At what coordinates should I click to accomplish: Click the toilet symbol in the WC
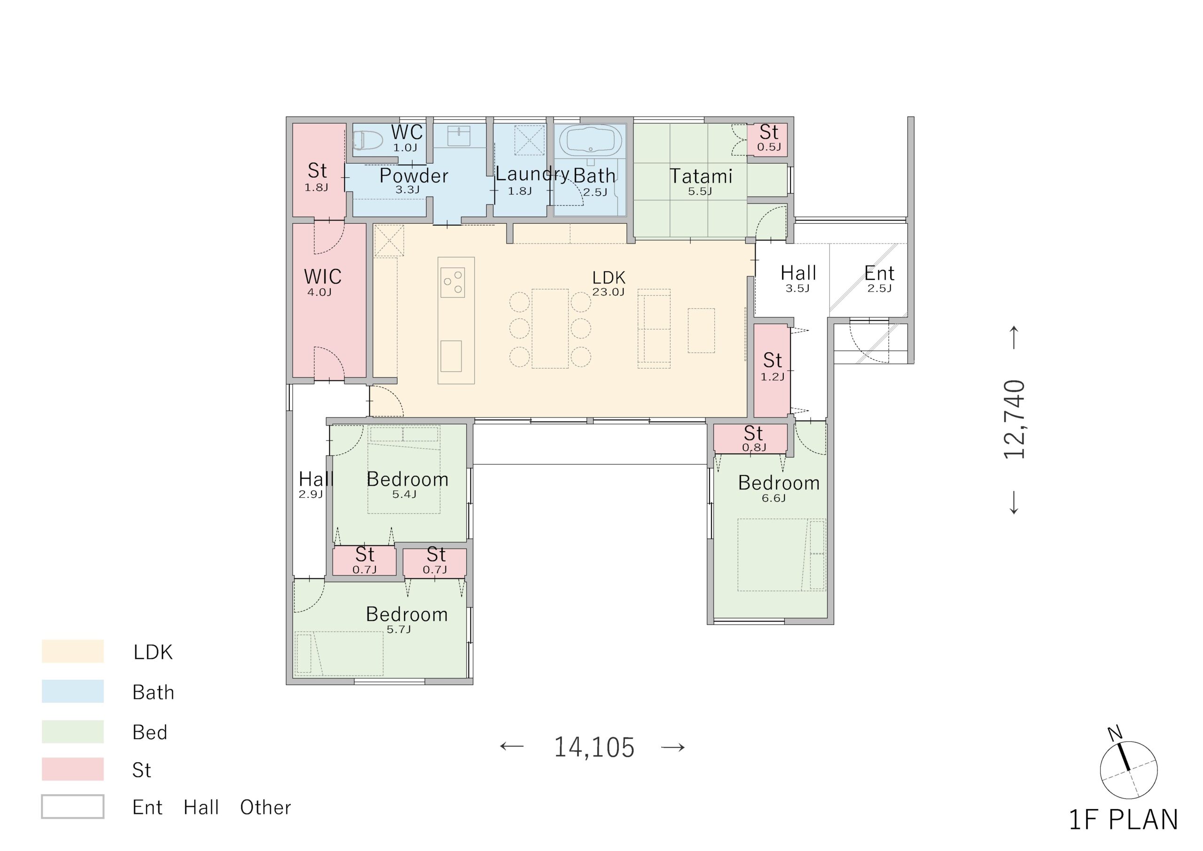[367, 140]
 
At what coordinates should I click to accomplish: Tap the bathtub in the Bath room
[591, 140]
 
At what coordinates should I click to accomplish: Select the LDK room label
[609, 277]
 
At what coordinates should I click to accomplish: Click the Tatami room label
[701, 176]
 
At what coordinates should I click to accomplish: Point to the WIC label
[323, 276]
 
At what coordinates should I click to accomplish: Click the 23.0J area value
[608, 292]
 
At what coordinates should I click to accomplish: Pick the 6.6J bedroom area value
[774, 498]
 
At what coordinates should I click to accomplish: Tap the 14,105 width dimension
[594, 747]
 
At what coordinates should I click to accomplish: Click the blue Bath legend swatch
[73, 691]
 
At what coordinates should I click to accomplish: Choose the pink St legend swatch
[73, 769]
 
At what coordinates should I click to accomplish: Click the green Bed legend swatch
[73, 732]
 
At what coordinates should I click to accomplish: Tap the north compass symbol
[1128, 769]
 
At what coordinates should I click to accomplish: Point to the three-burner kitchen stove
[453, 282]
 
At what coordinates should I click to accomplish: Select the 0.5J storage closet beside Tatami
[767, 140]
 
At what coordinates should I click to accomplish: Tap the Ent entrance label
[879, 273]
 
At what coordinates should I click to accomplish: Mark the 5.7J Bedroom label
[406, 614]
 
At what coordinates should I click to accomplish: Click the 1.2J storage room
[771, 370]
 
